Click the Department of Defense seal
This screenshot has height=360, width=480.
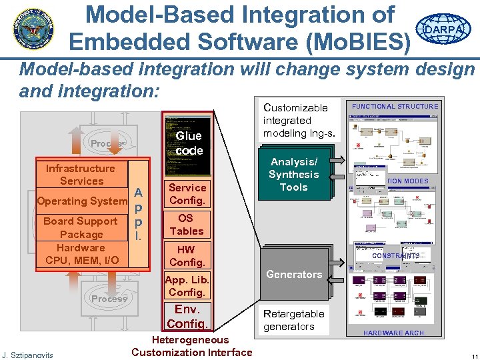click(x=32, y=28)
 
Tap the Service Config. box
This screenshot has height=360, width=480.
click(x=187, y=194)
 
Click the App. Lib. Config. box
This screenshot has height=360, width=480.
click(x=187, y=286)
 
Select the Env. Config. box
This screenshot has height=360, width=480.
click(x=187, y=316)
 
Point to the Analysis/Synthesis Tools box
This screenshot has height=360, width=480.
click(x=294, y=175)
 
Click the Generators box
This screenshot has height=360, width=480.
click(x=294, y=274)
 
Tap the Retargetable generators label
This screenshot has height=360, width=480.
click(x=294, y=320)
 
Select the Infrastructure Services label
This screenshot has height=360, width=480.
click(x=81, y=175)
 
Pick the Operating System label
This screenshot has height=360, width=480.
click(x=82, y=201)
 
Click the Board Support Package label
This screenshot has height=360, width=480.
click(x=81, y=227)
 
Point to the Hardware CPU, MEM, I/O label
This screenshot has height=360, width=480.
click(x=81, y=253)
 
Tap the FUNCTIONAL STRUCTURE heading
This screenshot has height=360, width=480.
click(x=395, y=107)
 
